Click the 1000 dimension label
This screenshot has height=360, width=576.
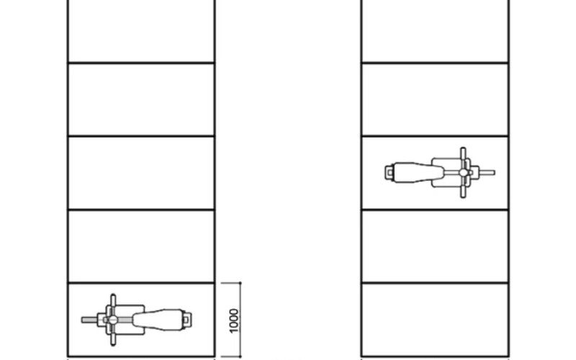click(235, 320)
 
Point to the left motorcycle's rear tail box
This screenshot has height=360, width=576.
click(189, 318)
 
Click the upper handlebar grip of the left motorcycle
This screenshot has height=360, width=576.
click(112, 297)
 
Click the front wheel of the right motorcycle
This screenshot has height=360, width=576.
click(485, 172)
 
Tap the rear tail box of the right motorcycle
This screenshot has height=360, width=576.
click(389, 172)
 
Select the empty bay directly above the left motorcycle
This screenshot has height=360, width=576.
click(141, 246)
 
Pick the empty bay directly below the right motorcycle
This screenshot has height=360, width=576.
click(435, 246)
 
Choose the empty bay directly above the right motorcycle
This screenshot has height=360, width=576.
click(435, 99)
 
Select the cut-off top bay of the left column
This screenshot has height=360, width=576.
click(141, 31)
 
